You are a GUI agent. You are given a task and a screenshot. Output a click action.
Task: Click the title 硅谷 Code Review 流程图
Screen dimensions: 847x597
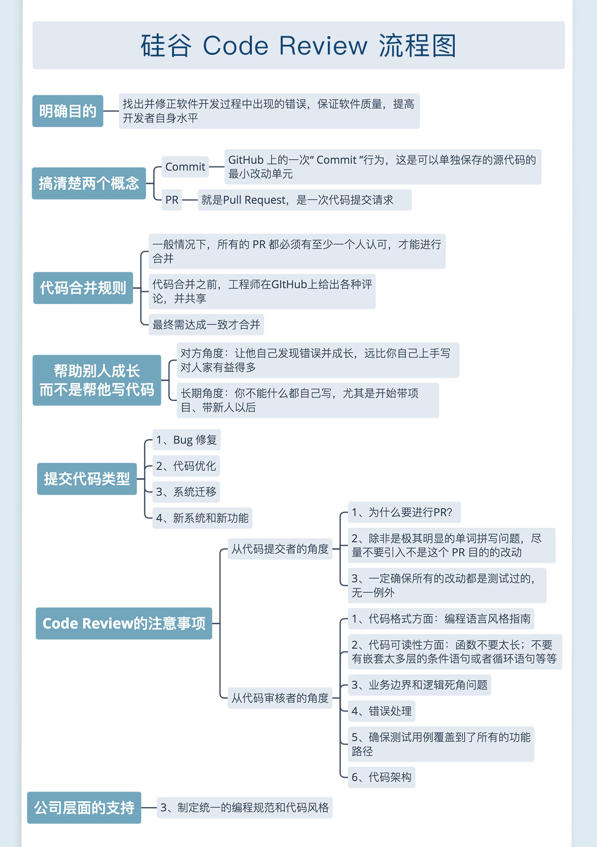298,46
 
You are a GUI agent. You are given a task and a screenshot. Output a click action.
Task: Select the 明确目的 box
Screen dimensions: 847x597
68,111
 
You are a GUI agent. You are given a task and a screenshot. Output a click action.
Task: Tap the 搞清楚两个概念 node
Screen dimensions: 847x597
89,183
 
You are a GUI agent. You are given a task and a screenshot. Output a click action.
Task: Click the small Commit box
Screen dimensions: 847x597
185,167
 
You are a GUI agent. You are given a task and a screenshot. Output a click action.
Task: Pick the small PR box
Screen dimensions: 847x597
172,200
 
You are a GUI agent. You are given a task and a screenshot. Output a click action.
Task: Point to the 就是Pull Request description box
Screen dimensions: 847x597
304,200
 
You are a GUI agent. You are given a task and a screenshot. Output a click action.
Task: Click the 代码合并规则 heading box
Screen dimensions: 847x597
83,288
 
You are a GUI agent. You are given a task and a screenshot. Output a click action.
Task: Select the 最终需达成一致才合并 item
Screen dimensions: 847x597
206,325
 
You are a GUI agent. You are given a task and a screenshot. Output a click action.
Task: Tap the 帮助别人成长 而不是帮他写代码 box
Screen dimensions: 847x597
97,380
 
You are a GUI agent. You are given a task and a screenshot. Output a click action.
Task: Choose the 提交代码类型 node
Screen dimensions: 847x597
87,479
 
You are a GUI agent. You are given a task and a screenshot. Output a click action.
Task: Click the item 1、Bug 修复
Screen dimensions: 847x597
187,440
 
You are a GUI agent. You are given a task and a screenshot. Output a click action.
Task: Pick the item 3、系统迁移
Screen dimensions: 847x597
186,492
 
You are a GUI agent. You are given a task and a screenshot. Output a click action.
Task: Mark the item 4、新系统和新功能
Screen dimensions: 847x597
202,518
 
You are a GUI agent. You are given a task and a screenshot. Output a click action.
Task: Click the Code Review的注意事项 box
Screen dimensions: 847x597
124,624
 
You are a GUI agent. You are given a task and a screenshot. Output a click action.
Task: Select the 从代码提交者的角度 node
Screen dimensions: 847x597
280,549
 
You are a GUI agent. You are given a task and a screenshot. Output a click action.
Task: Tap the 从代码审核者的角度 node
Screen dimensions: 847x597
280,698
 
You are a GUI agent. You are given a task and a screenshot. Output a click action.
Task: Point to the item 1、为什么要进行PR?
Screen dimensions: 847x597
404,513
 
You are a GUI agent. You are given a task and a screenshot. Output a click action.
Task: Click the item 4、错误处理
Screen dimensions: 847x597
381,711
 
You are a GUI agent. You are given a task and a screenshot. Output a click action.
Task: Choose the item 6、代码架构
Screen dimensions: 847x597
381,777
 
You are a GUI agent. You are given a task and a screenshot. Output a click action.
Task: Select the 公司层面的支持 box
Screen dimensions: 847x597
84,808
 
